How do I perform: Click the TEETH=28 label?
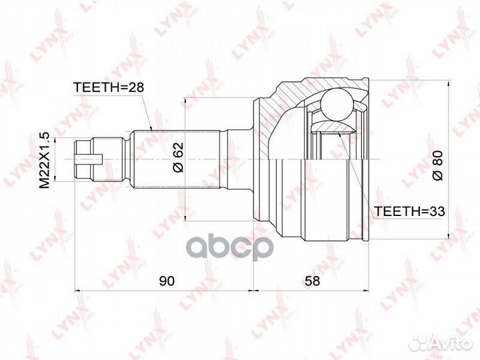pyautogui.click(x=109, y=87)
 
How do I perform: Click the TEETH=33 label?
pyautogui.click(x=410, y=211)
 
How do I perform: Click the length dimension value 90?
pyautogui.click(x=167, y=281)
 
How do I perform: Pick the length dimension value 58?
pyautogui.click(x=312, y=281)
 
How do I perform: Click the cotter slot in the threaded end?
pyautogui.click(x=89, y=159)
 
